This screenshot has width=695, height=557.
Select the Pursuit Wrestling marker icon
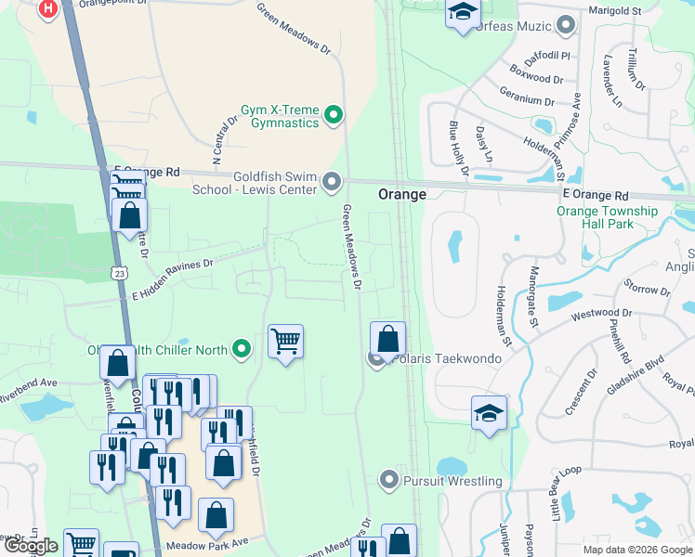(389, 480)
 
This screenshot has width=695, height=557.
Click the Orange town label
(401, 195)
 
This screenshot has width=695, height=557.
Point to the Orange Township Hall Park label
(607, 218)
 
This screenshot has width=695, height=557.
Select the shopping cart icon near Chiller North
(286, 341)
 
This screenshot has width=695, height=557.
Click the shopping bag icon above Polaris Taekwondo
(388, 337)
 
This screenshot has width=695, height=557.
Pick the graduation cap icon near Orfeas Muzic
(462, 13)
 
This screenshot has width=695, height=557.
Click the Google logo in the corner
(30, 545)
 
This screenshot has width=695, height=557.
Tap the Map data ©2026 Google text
(636, 550)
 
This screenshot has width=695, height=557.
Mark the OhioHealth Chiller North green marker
(242, 350)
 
